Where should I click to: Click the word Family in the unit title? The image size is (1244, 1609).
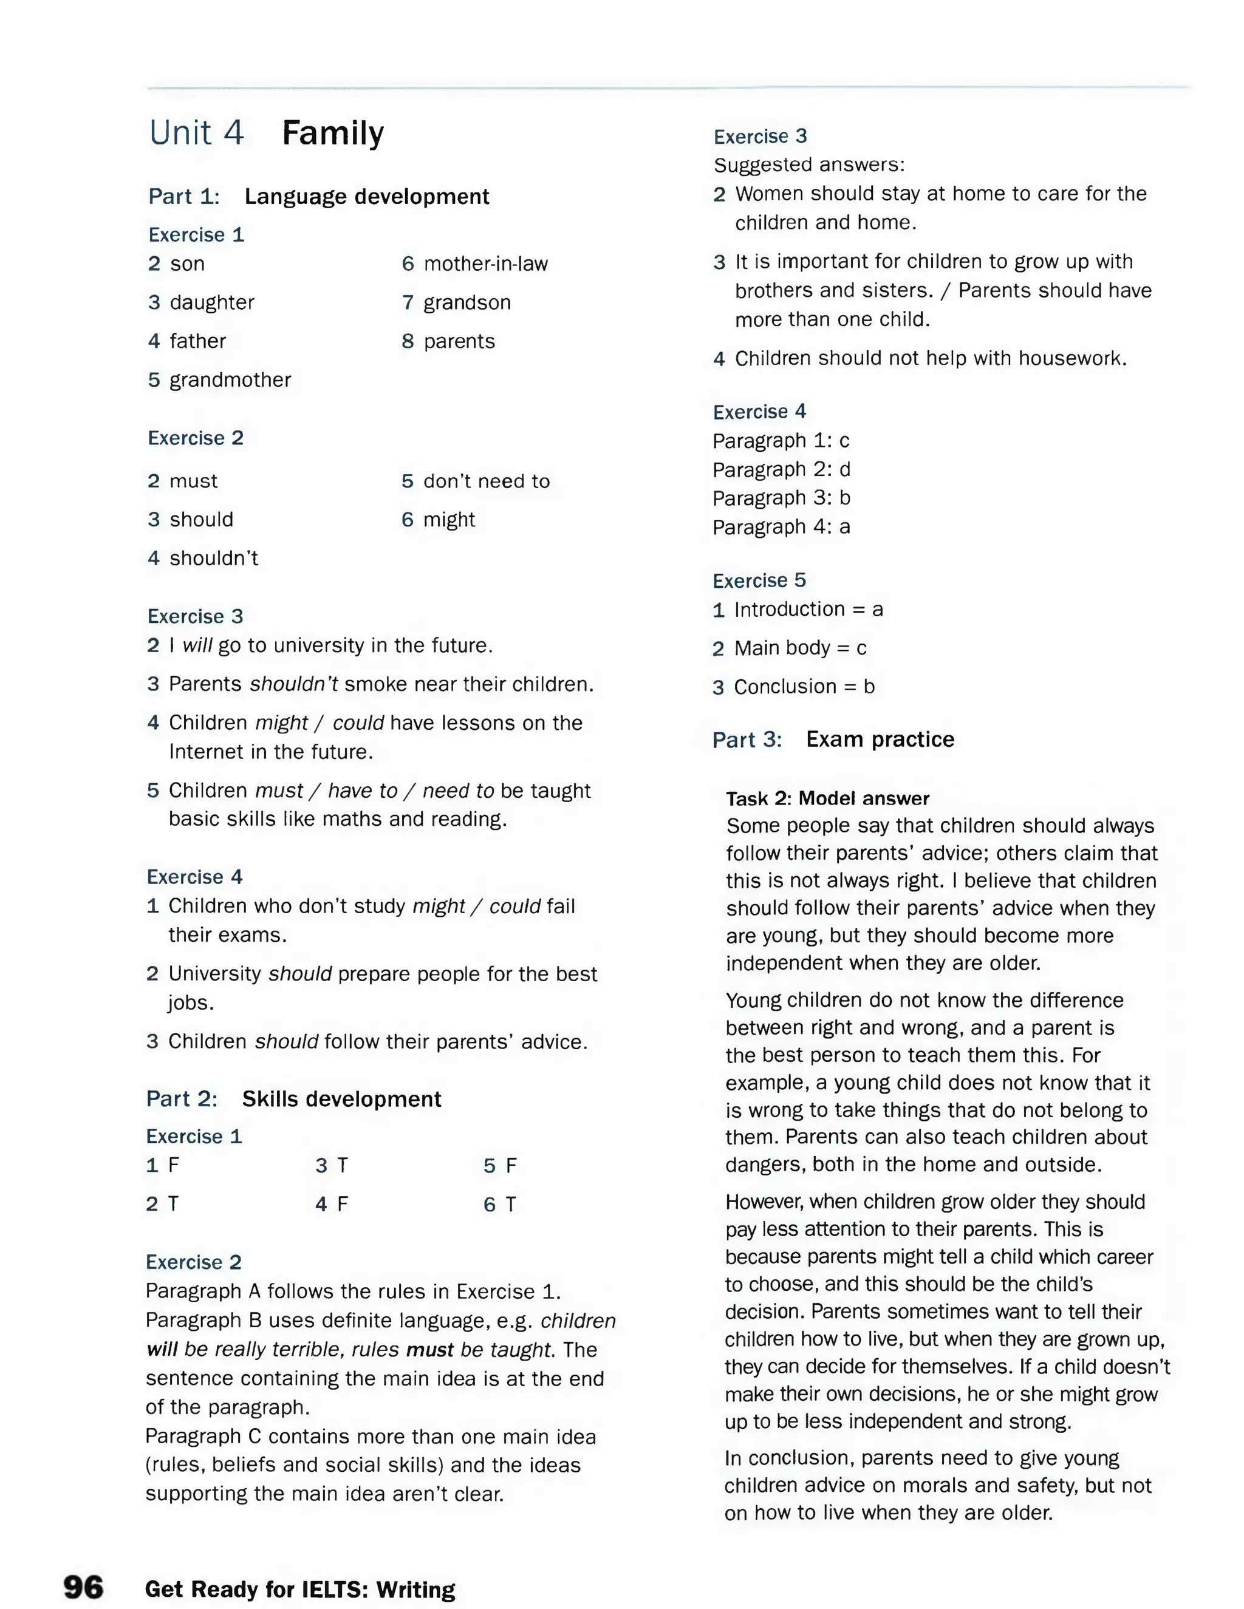332,134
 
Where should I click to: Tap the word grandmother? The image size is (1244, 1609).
230,380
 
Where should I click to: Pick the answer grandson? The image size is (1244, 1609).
466,303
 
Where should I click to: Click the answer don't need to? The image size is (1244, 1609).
486,481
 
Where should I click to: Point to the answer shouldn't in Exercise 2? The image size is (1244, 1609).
214,559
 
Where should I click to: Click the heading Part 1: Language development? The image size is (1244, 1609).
318,197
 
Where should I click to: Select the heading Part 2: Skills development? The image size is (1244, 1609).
293,1099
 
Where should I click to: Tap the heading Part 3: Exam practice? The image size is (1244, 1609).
833,739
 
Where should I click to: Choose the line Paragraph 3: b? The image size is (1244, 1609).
781,498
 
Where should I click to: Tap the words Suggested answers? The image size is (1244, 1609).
808,165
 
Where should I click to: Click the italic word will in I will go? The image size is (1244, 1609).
197,645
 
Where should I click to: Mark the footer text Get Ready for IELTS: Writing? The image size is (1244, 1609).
300,1589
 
